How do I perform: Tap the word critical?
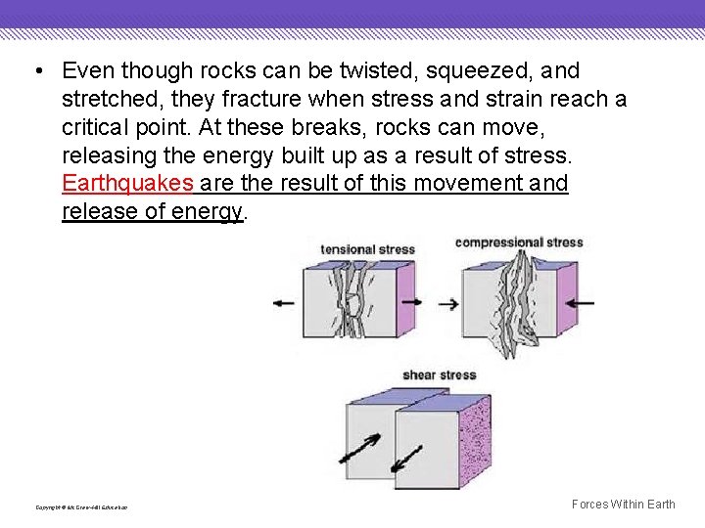pyautogui.click(x=97, y=128)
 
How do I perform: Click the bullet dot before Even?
pyautogui.click(x=35, y=71)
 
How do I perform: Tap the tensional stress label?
pyautogui.click(x=367, y=249)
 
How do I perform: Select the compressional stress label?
pyautogui.click(x=518, y=242)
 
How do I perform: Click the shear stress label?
pyautogui.click(x=439, y=374)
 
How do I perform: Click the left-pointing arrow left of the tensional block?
pyautogui.click(x=283, y=303)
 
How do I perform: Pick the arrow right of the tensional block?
pyautogui.click(x=411, y=302)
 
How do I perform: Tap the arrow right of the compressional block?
pyautogui.click(x=580, y=303)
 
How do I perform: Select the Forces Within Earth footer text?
pyautogui.click(x=623, y=505)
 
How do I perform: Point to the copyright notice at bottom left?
pyautogui.click(x=81, y=507)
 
